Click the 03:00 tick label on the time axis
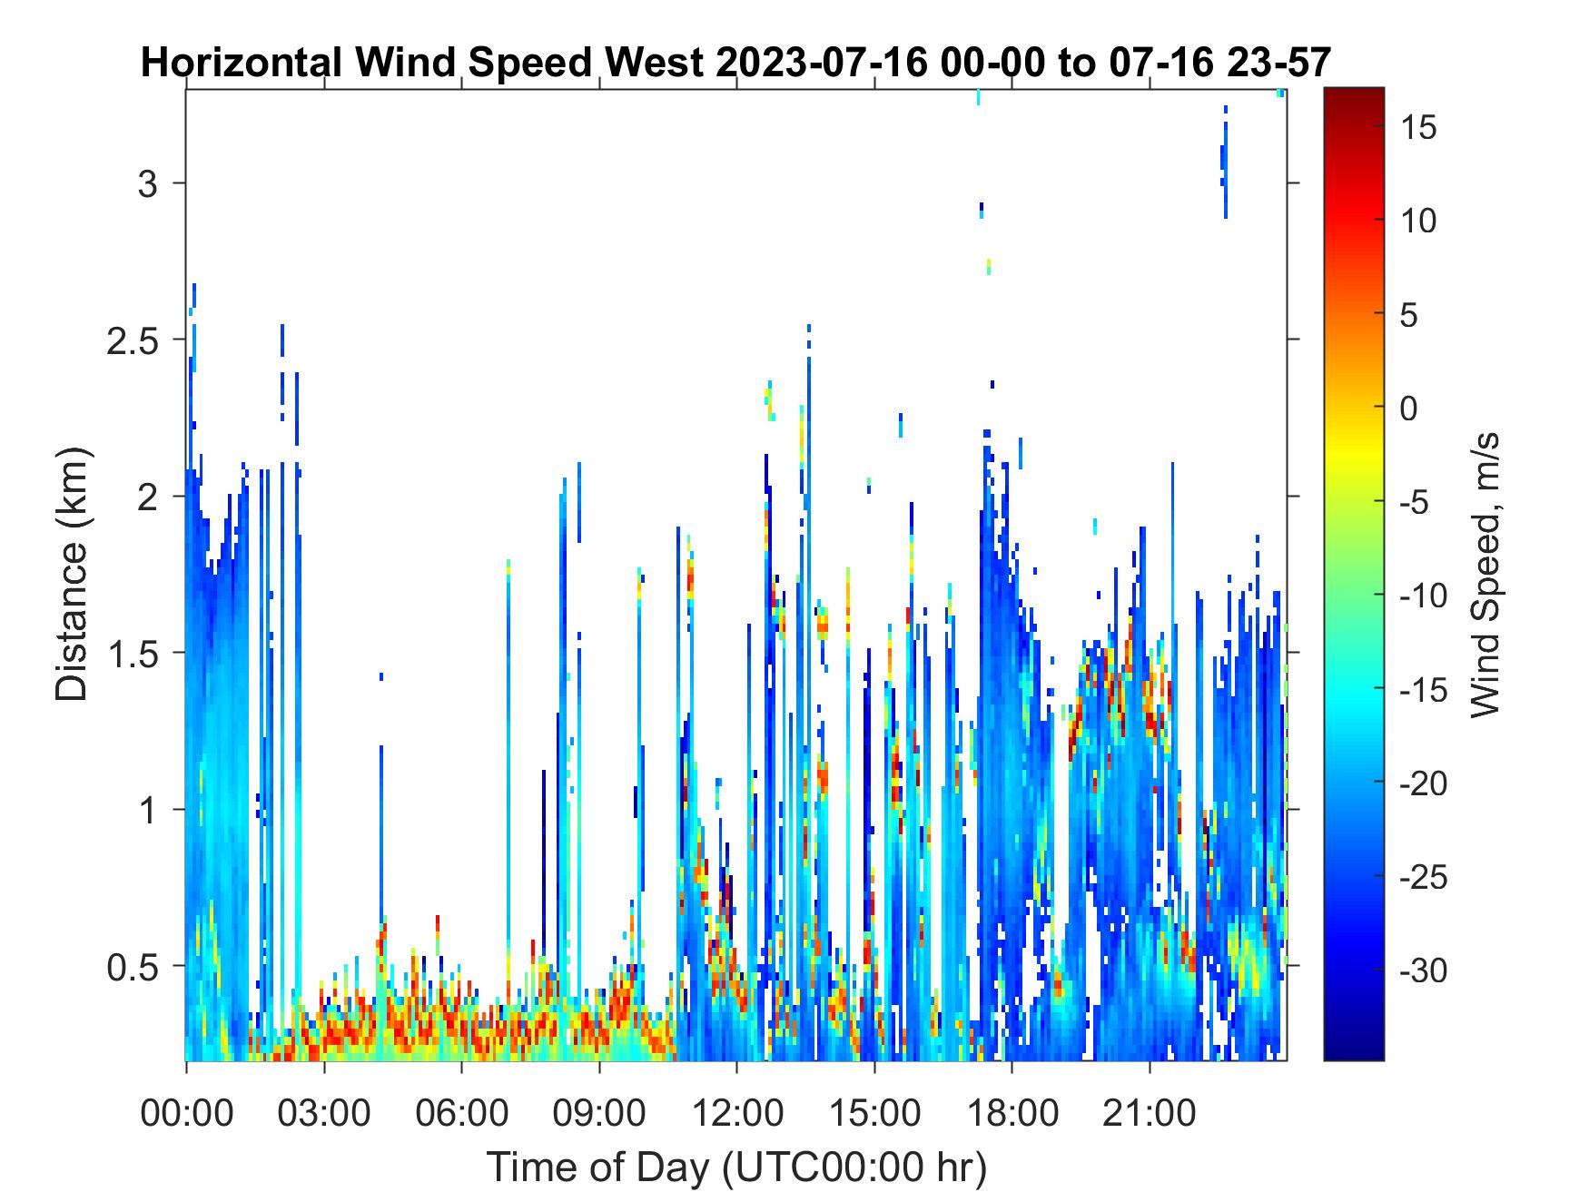coord(324,1112)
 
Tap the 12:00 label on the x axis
coord(736,1112)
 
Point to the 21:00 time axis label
coord(1150,1112)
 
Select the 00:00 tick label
coord(186,1112)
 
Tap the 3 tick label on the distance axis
coord(148,184)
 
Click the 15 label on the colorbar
coord(1418,128)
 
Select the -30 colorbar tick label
coord(1424,971)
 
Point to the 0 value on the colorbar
coord(1408,409)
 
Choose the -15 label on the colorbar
coord(1424,690)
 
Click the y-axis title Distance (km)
coord(73,575)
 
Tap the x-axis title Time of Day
coord(736,1168)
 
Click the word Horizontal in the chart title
coord(242,64)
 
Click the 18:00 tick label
coord(1012,1112)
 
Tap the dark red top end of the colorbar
coord(1354,94)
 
